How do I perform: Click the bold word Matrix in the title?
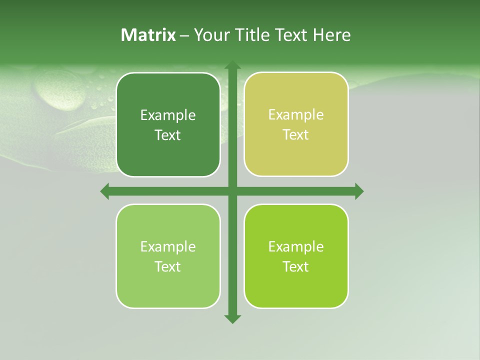click(x=148, y=35)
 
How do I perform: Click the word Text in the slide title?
click(x=291, y=35)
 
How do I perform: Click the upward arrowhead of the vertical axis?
click(x=232, y=65)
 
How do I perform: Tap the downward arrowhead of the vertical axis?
click(x=232, y=318)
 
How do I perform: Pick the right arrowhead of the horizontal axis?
click(x=359, y=191)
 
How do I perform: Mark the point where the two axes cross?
click(x=232, y=191)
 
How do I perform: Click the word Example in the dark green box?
click(x=167, y=115)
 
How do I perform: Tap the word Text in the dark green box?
click(x=167, y=135)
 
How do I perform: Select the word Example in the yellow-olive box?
click(x=295, y=115)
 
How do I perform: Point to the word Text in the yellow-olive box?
click(x=295, y=134)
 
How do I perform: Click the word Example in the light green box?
click(x=167, y=247)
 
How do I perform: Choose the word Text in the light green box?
click(x=167, y=266)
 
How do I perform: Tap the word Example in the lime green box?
click(x=295, y=247)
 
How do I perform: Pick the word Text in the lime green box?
click(x=295, y=266)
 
